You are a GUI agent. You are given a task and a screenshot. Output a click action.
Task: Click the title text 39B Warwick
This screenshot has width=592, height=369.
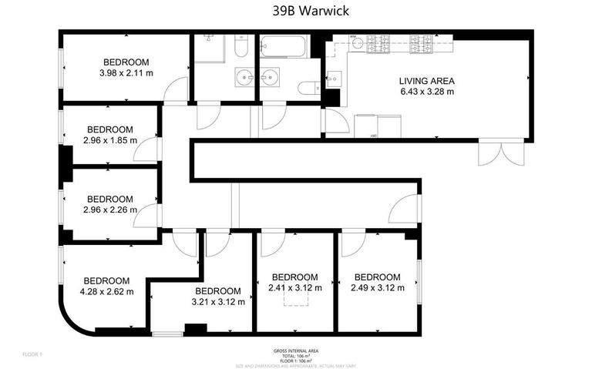pyautogui.click(x=296, y=11)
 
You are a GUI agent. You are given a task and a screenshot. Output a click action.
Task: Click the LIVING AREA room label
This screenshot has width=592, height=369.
pyautogui.click(x=426, y=81)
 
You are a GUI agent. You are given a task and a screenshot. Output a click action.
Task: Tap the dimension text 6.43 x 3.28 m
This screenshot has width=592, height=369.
pyautogui.click(x=426, y=92)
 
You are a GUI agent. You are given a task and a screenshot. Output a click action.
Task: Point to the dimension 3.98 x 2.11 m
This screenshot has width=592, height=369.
pyautogui.click(x=126, y=72)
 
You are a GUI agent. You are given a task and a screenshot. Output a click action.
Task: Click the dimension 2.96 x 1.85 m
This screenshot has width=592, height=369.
pyautogui.click(x=110, y=140)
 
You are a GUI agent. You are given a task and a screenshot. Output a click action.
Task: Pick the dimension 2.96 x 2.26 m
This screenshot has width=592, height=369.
pyautogui.click(x=110, y=209)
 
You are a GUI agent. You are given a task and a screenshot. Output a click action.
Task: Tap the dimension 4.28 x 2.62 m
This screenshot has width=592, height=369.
pyautogui.click(x=107, y=291)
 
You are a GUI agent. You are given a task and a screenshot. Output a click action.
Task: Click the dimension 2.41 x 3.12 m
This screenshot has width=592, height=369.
pyautogui.click(x=294, y=287)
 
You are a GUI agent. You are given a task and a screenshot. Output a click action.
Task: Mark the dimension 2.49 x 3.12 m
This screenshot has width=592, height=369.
pyautogui.click(x=377, y=287)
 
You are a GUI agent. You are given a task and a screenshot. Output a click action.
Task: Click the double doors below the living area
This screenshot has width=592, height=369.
pyautogui.click(x=490, y=153)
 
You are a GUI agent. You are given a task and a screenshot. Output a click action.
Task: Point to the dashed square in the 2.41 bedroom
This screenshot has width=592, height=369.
pyautogui.click(x=295, y=299)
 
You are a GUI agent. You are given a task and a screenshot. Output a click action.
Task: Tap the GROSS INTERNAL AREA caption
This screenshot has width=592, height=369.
pyautogui.click(x=295, y=350)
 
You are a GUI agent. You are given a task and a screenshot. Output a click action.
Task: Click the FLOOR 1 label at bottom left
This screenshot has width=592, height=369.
pyautogui.click(x=32, y=354)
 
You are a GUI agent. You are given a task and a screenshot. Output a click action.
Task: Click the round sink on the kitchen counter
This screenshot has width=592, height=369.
pyautogui.click(x=356, y=44)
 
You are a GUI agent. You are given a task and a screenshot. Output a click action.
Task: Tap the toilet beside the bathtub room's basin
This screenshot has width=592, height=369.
pyautogui.click(x=307, y=88)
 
